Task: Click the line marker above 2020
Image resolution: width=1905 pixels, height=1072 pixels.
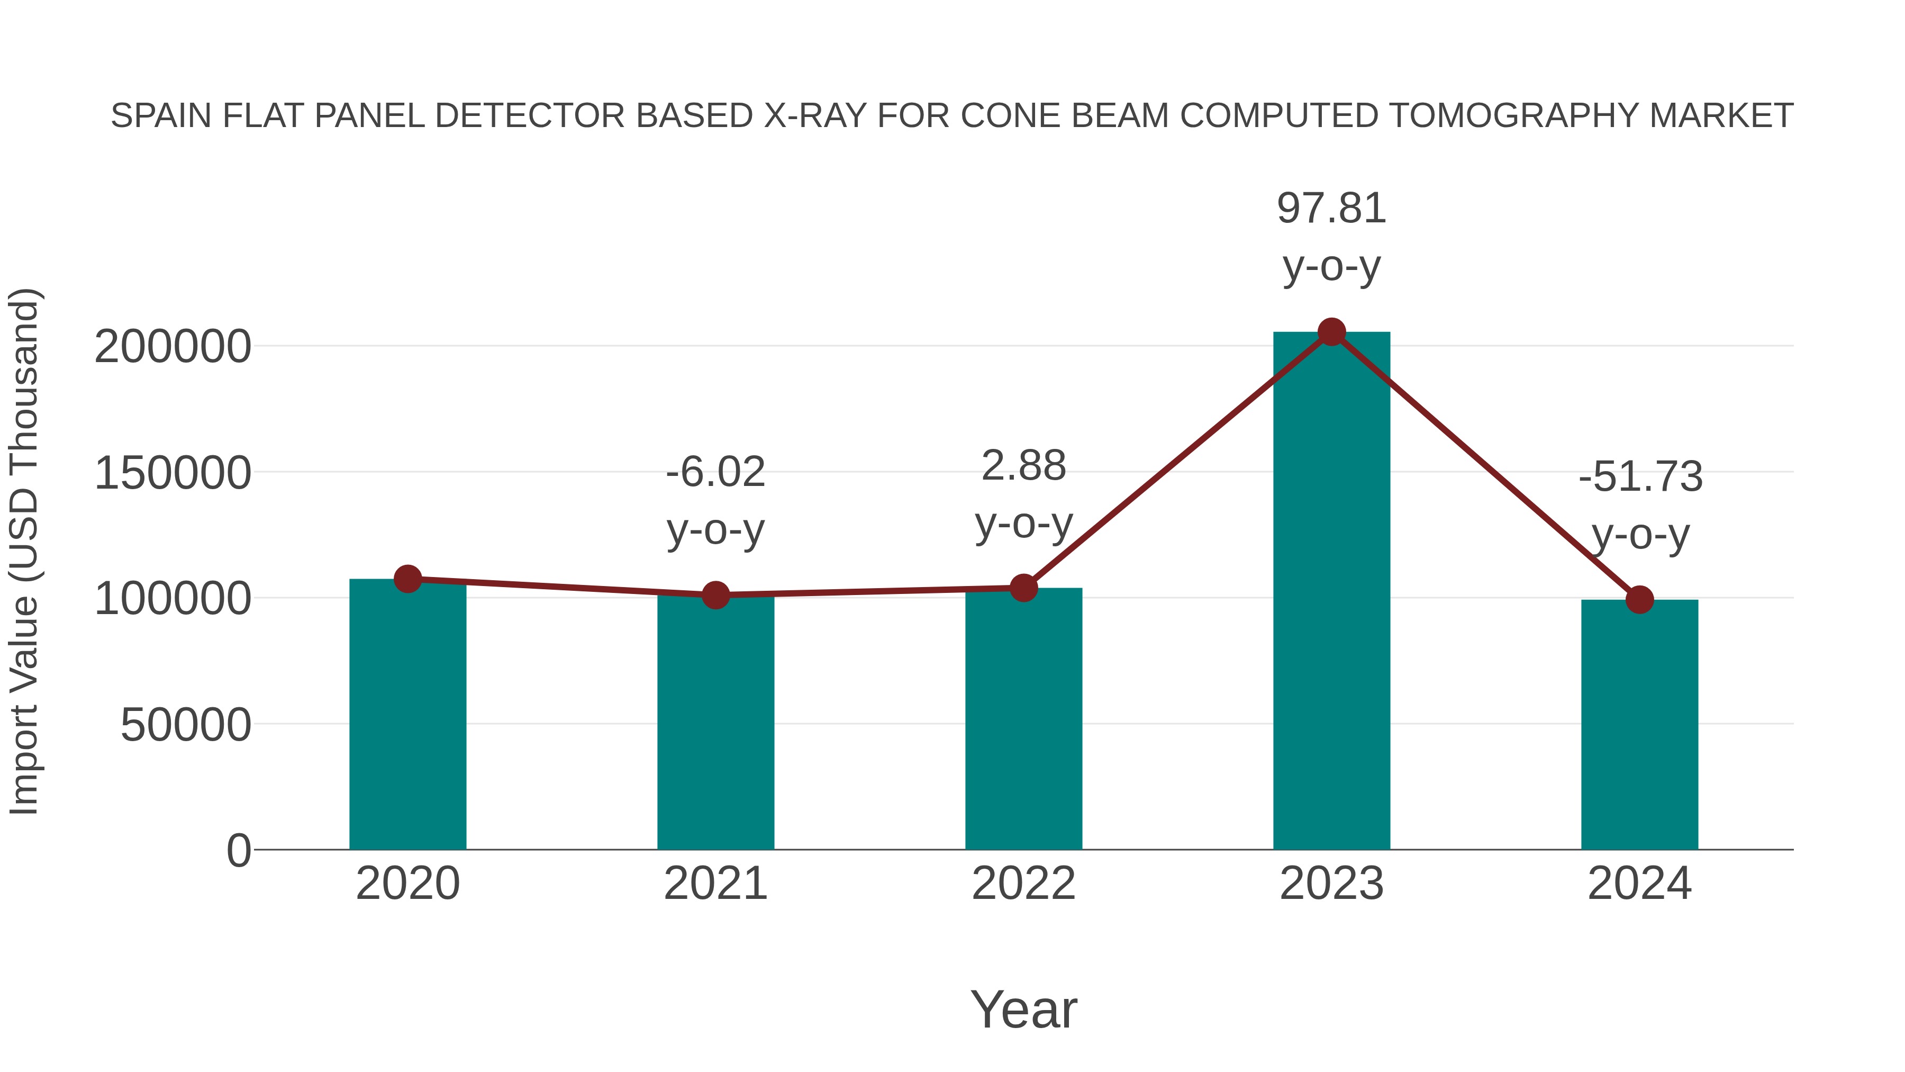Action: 407,579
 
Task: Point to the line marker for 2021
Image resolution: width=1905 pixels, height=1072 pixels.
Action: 715,595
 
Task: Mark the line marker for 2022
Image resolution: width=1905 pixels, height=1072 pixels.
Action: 1023,588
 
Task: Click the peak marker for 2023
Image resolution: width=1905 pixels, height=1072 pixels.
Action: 1331,332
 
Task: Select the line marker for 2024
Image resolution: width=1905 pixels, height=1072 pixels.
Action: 1639,599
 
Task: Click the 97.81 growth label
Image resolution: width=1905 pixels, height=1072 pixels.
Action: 1331,209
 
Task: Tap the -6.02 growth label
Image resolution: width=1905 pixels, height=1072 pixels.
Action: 715,472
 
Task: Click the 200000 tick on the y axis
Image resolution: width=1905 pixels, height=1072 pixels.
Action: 173,346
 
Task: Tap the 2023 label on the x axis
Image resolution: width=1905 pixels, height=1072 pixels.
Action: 1331,884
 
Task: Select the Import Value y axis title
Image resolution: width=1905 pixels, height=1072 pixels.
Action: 24,551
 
